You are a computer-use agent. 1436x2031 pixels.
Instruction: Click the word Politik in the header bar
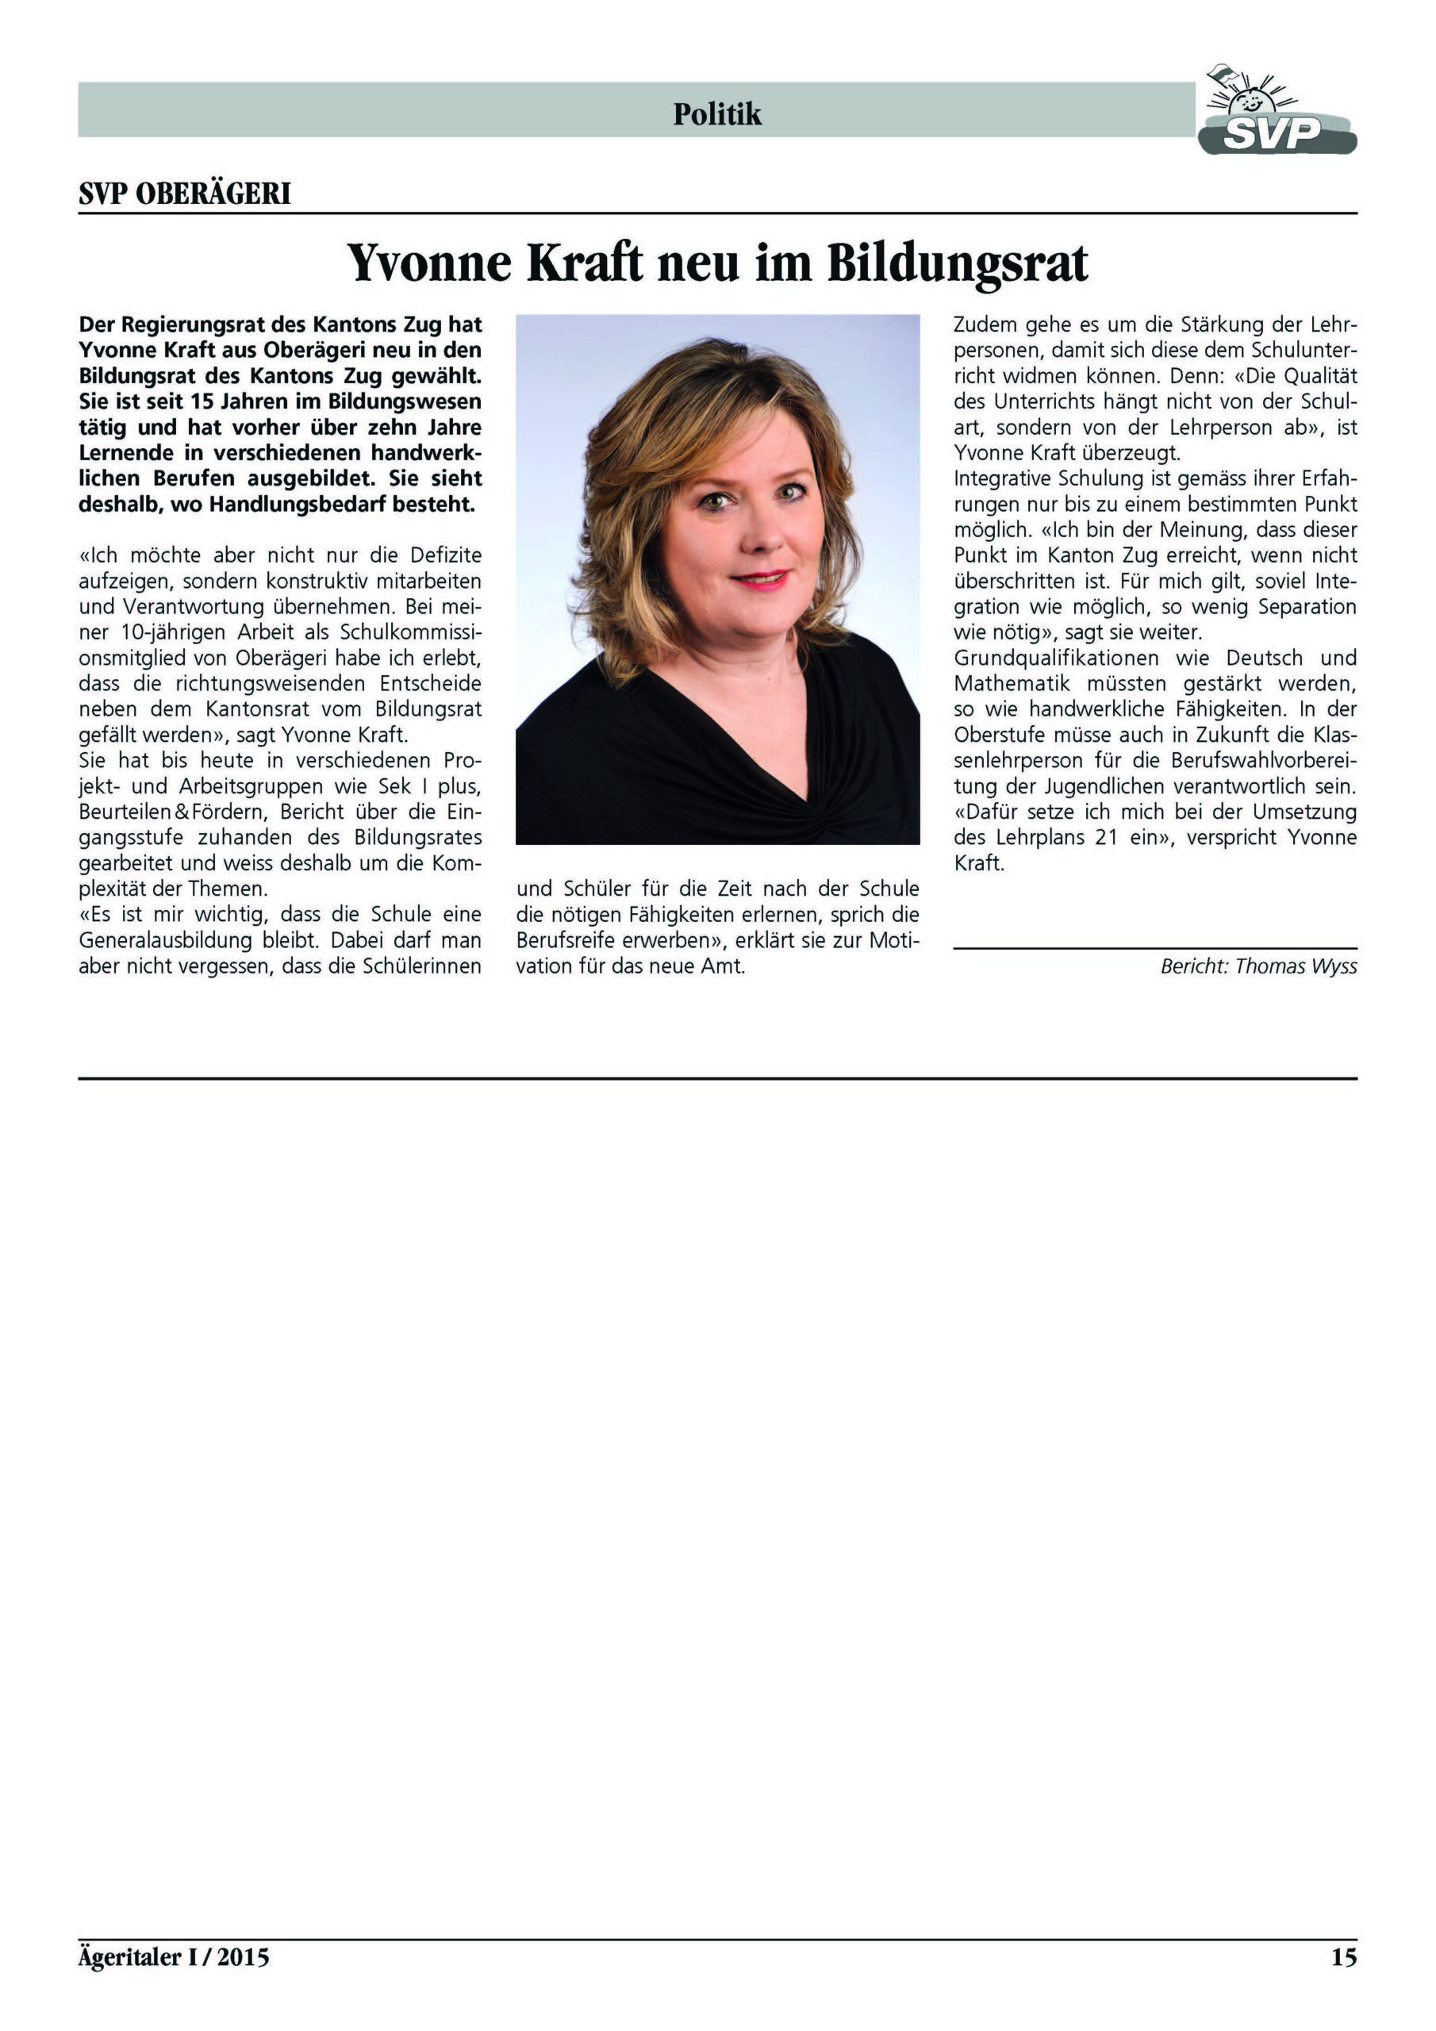pos(716,114)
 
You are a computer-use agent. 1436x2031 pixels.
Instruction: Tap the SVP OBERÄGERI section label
pos(184,194)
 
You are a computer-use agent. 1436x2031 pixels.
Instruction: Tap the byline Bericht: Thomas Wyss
pos(1257,966)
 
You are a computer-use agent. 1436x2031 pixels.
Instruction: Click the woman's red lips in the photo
pos(759,579)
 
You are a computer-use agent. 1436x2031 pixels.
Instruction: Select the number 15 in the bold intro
pos(202,401)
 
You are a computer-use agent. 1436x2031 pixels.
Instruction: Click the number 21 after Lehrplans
pos(1106,838)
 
